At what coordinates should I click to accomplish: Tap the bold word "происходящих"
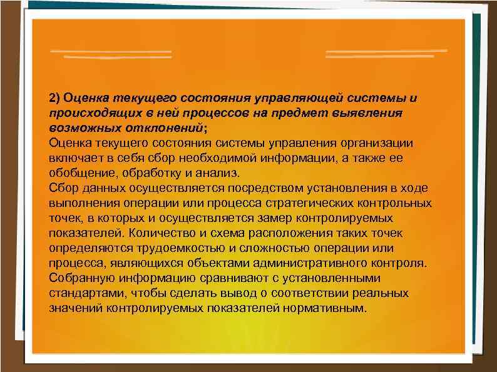[x=85, y=113]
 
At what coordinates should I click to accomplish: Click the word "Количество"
[x=163, y=233]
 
